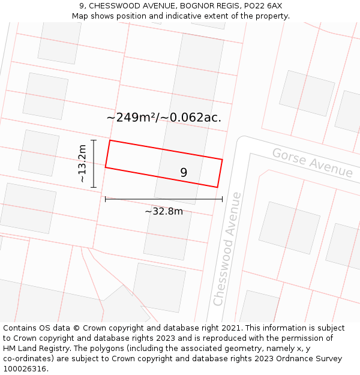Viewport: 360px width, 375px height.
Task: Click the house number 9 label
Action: point(184,172)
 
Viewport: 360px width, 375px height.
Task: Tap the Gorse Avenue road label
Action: point(312,162)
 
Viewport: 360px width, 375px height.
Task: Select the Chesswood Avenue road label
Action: point(227,248)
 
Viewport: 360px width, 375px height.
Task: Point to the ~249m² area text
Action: point(131,118)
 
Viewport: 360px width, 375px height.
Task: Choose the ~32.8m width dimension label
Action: point(164,211)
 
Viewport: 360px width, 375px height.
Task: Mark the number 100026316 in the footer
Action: point(23,369)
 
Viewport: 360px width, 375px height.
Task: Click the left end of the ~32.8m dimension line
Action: point(106,199)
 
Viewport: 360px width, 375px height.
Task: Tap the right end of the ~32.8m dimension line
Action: point(222,199)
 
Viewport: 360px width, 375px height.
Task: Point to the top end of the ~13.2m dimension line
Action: point(94,140)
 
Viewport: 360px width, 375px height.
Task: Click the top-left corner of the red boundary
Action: point(110,140)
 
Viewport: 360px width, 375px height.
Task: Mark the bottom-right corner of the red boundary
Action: point(217,187)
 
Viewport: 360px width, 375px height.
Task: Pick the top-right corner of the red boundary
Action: point(223,160)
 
